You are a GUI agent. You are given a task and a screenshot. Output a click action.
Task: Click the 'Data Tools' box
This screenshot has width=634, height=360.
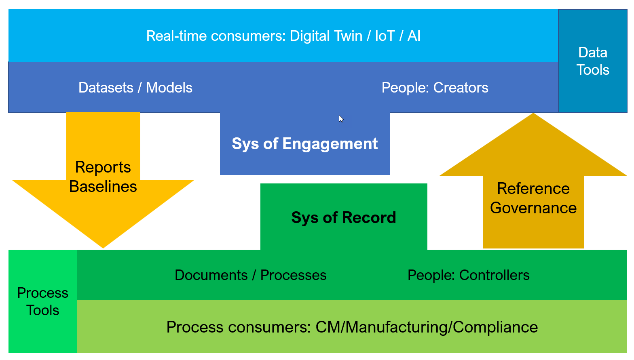click(592, 61)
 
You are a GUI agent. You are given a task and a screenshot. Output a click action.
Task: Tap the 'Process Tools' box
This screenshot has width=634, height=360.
click(42, 301)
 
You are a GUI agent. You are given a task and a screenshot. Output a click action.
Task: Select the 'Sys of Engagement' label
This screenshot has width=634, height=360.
click(304, 144)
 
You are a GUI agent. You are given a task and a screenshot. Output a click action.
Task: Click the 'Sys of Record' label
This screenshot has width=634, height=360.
click(344, 218)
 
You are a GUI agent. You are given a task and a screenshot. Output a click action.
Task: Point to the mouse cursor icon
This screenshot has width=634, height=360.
click(341, 118)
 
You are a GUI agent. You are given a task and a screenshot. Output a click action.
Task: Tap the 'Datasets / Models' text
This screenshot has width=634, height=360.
click(135, 88)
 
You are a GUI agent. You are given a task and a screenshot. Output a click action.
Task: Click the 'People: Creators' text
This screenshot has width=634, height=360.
click(435, 88)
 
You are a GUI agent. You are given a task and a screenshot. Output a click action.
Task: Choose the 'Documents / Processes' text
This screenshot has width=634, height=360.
click(250, 275)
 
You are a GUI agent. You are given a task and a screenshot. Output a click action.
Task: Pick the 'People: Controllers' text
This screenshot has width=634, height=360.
click(468, 275)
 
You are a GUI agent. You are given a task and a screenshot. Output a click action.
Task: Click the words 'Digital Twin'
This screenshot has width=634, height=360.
click(326, 36)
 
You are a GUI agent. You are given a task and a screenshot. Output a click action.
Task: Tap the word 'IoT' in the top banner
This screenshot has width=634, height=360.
click(385, 36)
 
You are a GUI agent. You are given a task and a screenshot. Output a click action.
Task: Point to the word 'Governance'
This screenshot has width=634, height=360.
click(533, 208)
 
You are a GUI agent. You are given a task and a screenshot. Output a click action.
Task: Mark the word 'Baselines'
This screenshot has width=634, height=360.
click(103, 187)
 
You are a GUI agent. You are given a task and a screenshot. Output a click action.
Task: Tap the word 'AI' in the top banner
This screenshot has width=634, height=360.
click(414, 36)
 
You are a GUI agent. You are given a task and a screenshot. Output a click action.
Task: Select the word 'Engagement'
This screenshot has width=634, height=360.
click(330, 144)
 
